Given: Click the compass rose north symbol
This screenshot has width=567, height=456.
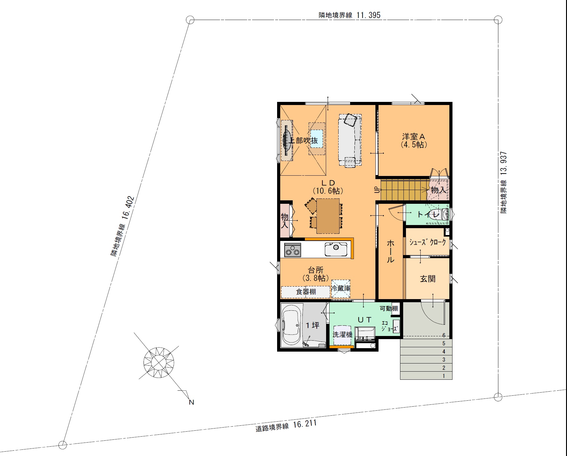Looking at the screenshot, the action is point(159,363).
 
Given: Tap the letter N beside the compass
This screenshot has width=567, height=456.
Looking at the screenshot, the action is point(192,402).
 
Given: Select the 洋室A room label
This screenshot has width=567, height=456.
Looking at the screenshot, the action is point(414,137).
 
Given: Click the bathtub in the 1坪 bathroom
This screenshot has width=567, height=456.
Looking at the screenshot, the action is point(291,325).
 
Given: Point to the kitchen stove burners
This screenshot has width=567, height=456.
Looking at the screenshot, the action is point(293,250).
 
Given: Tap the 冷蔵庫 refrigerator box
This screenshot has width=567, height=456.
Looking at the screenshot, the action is point(341,288).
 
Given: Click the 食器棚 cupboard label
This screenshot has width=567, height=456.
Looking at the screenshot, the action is point(306,292).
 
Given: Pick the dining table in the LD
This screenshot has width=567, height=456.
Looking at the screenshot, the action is point(328,216).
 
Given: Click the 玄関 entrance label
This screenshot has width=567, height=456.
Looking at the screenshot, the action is point(428,278).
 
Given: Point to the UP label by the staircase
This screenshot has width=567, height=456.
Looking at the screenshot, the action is point(377,190).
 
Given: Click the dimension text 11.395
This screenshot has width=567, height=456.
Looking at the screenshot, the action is point(369,15).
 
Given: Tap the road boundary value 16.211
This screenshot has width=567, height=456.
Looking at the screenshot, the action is point(305,424).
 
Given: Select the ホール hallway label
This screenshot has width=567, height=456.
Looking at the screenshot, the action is point(391,251).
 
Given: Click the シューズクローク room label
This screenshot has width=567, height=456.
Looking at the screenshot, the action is point(428,242).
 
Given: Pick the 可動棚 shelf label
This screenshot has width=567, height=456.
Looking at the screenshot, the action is point(389,308).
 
